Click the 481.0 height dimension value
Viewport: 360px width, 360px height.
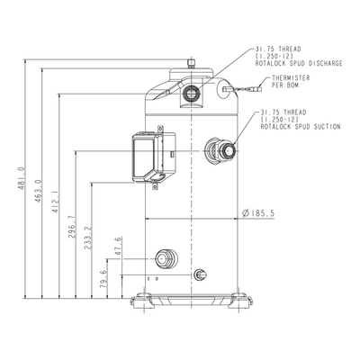(22, 178)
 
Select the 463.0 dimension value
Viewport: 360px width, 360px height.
(38, 191)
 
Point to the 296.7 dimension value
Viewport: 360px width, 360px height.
(72, 227)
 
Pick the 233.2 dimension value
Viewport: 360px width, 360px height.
(88, 238)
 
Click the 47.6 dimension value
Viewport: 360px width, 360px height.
(119, 246)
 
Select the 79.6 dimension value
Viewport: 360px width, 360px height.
(103, 279)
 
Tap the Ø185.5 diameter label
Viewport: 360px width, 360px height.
(258, 213)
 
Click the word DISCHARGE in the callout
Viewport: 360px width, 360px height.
(325, 63)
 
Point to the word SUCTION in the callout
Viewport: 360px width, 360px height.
(327, 127)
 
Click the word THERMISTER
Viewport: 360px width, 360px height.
(291, 78)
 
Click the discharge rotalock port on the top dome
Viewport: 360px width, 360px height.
(191, 94)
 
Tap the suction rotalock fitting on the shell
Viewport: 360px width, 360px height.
(220, 150)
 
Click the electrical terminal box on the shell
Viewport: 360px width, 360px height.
(154, 157)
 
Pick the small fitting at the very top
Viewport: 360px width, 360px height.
(191, 64)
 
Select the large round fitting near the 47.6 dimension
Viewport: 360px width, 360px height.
(166, 258)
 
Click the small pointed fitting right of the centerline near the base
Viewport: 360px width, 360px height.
(200, 274)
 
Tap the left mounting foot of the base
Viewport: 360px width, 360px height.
(143, 301)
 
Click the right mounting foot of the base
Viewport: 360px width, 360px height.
(239, 301)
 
